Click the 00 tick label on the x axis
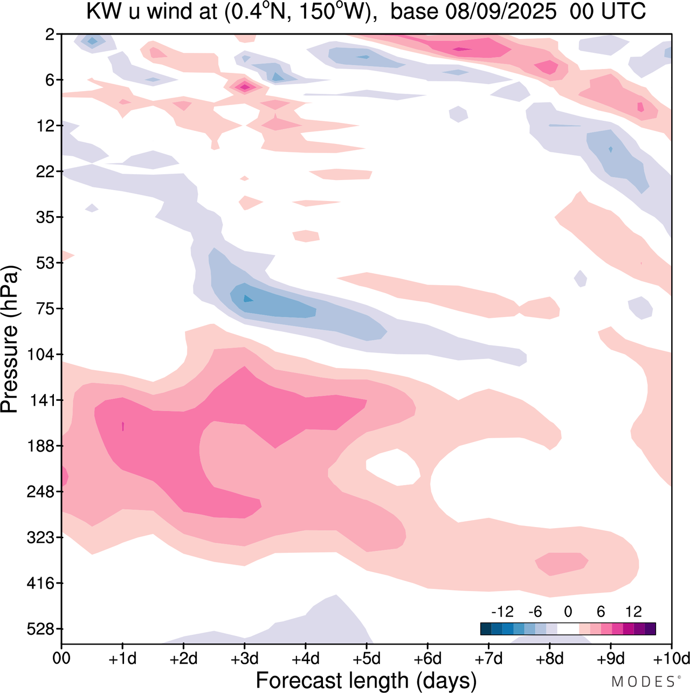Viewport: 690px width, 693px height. pyautogui.click(x=62, y=659)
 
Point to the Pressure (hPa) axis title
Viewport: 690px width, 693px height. pyautogui.click(x=10, y=339)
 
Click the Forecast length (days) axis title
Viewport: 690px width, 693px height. pyautogui.click(x=366, y=681)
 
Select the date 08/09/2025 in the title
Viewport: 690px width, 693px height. pyautogui.click(x=501, y=12)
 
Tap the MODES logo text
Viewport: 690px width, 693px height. pyautogui.click(x=643, y=682)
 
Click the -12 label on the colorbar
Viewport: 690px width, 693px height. pyautogui.click(x=502, y=612)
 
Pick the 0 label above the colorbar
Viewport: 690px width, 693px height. pyautogui.click(x=568, y=612)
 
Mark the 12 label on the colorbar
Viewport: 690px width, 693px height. pyautogui.click(x=633, y=612)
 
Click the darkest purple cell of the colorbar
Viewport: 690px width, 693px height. pyautogui.click(x=650, y=629)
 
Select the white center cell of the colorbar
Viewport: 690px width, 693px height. pyautogui.click(x=568, y=629)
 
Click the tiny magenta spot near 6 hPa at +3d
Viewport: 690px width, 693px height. pyautogui.click(x=245, y=86)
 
